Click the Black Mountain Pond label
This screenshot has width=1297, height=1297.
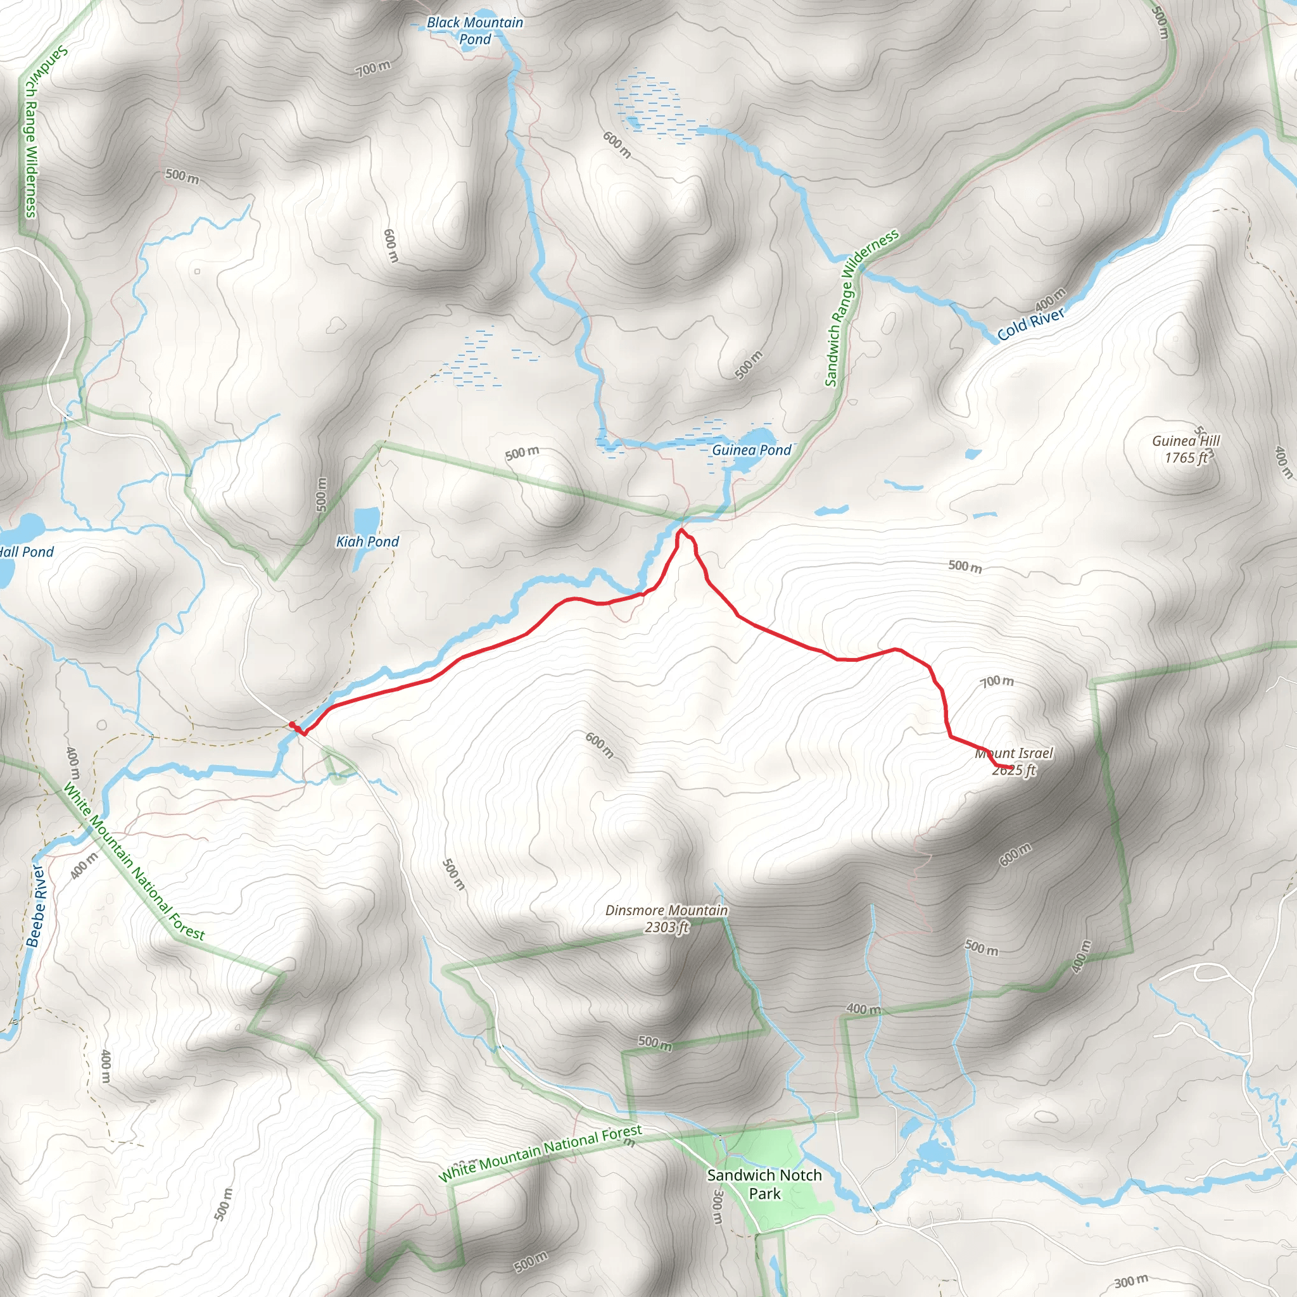point(474,31)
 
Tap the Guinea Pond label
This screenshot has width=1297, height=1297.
point(751,450)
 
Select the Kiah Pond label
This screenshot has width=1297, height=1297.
point(367,541)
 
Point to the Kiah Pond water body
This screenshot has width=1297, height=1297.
point(366,521)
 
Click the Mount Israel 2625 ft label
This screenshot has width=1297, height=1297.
point(1014,761)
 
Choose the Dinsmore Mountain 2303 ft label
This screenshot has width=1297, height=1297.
point(667,918)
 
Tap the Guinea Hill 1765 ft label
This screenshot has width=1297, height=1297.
point(1186,449)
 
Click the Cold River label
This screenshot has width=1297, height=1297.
point(1030,324)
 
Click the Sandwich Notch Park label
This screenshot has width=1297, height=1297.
point(764,1184)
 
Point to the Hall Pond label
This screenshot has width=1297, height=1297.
point(27,552)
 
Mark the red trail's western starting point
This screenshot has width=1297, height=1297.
point(291,724)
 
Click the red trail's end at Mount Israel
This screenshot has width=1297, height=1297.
point(1011,767)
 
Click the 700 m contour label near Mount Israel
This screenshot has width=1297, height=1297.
point(997,681)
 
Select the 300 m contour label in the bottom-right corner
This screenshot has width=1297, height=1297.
point(1130,1282)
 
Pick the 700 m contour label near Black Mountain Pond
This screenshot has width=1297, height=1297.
point(373,68)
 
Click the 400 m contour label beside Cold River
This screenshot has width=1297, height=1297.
point(1050,299)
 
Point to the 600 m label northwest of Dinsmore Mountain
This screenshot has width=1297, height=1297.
point(599,745)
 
